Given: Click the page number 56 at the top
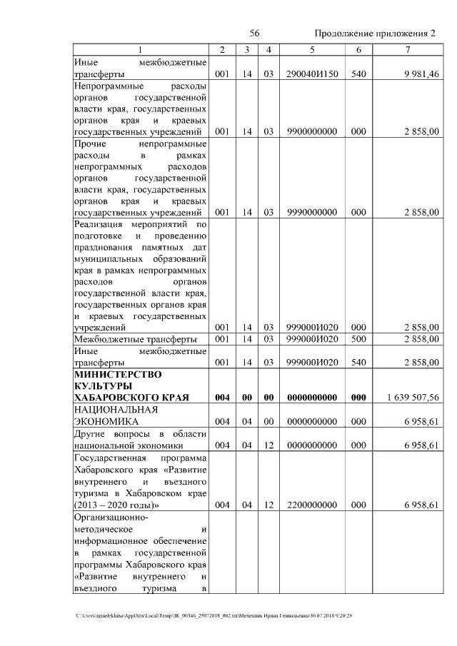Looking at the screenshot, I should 254,34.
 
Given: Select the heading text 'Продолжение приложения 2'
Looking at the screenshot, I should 375,34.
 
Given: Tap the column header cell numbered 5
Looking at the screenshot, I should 312,49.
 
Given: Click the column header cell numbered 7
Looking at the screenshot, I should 407,49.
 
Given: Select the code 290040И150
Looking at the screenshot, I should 312,74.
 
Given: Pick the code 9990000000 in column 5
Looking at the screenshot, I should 312,212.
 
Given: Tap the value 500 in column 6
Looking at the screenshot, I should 358,339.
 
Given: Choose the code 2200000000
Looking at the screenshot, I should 312,504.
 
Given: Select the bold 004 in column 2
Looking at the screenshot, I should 222,398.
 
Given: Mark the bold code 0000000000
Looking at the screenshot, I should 312,398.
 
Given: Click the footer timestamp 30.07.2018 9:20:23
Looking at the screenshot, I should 330,615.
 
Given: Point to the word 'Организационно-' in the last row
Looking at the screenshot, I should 110,517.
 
